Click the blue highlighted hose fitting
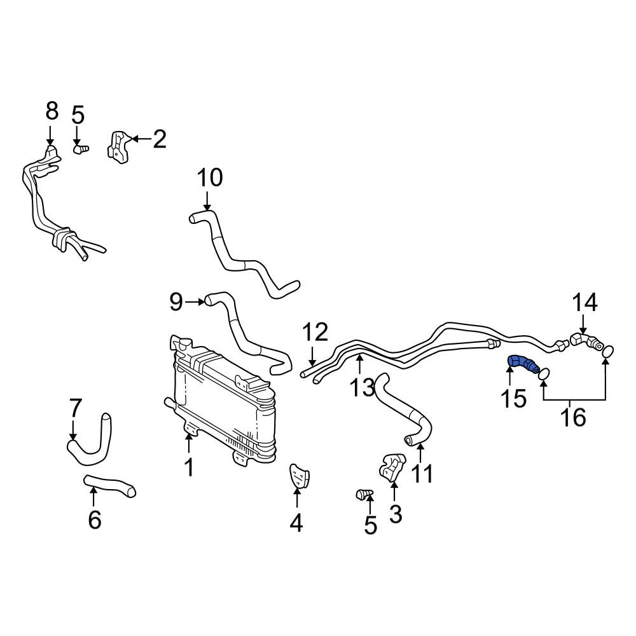[x=522, y=364]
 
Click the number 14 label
[x=584, y=303]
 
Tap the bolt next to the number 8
[x=81, y=149]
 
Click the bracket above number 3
[x=391, y=466]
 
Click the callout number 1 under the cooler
[x=188, y=467]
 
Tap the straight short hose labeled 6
[x=109, y=485]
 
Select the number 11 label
[x=422, y=473]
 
